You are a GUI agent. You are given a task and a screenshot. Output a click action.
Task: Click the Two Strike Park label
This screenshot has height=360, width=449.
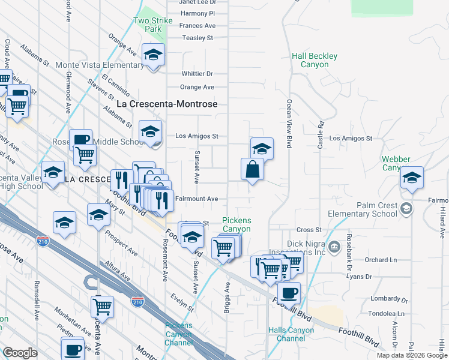148,25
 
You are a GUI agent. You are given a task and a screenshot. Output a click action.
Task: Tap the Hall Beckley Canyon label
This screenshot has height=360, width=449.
315,60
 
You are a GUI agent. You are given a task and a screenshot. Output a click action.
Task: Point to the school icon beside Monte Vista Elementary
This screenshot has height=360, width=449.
154,55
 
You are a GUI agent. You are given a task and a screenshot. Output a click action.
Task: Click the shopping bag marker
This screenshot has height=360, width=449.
252,169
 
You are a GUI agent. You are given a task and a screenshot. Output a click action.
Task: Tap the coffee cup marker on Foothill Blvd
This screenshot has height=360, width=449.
289,293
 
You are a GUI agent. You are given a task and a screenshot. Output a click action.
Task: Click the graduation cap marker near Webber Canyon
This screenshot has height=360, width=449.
412,178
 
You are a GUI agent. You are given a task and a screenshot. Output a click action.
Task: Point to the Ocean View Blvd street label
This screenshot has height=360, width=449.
289,124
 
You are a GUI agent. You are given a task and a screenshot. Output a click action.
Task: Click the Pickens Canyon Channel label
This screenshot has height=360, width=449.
179,334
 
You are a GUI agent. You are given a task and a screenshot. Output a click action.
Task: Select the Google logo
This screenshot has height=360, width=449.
20,353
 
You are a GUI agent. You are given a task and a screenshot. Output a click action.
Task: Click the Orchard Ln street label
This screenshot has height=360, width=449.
381,260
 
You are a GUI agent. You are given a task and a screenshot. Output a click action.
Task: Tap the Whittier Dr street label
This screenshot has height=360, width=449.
197,74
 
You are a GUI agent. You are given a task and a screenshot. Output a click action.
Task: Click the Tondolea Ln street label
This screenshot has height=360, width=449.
386,314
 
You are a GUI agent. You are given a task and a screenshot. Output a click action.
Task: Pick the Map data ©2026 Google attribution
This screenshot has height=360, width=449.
411,355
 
